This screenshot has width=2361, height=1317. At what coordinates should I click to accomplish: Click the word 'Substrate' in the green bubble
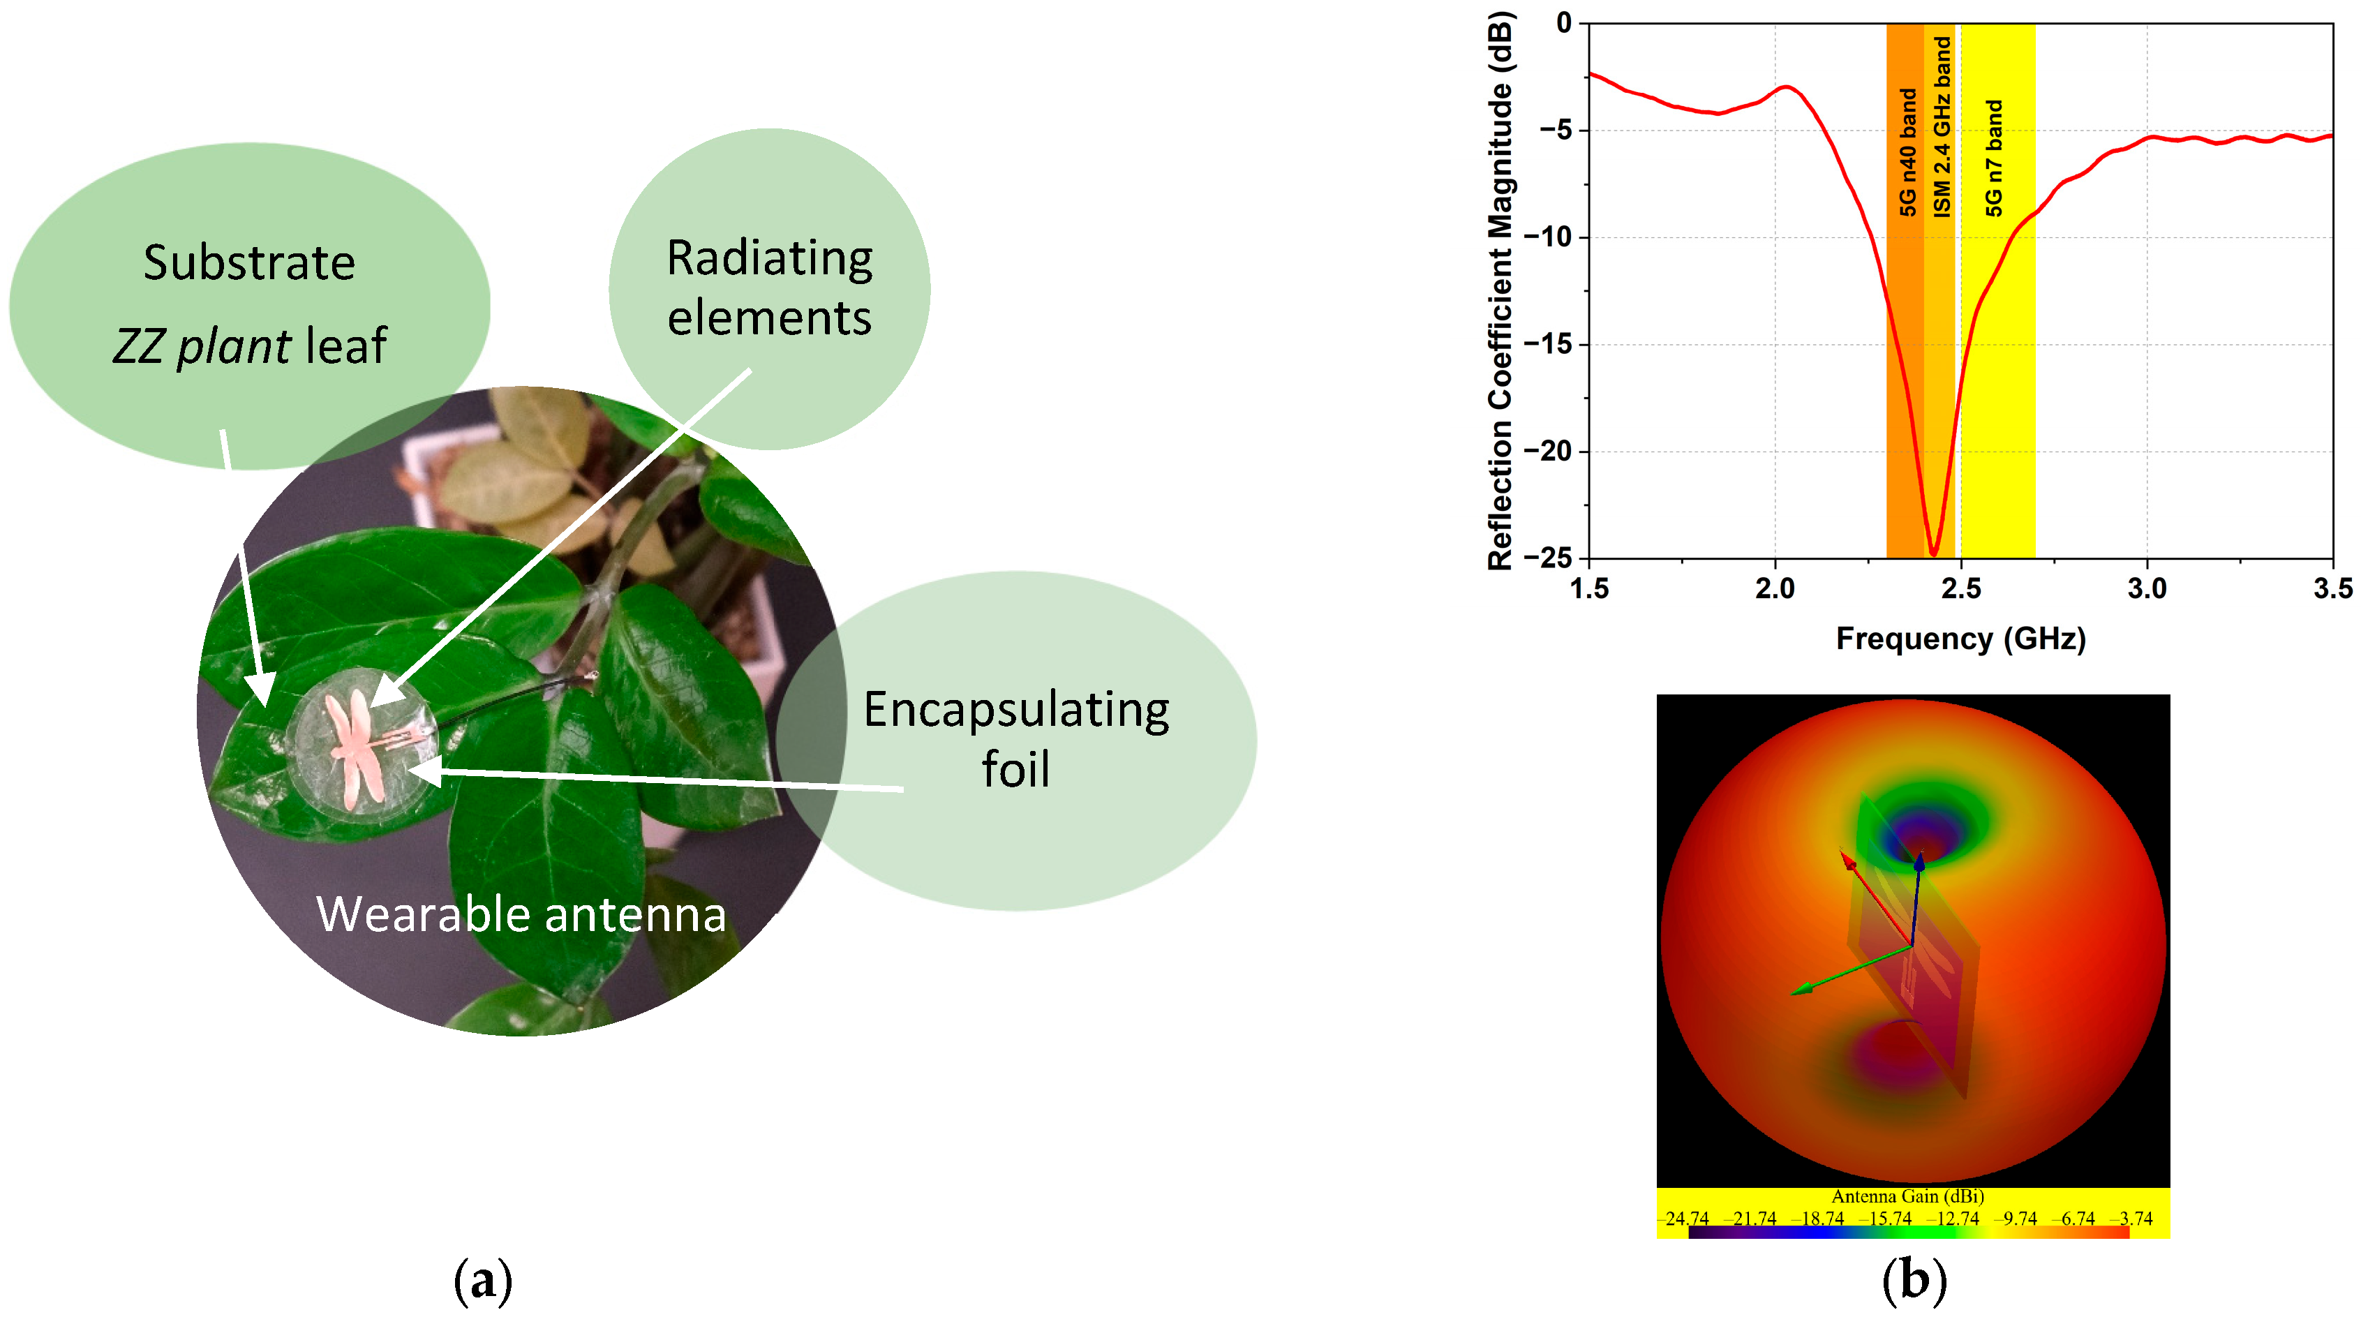pos(249,263)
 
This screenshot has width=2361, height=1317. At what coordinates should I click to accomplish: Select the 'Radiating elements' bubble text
pos(770,288)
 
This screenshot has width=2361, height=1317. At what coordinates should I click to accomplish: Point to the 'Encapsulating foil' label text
pos(1016,738)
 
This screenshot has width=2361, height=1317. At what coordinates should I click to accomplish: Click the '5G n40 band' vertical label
pos(1908,152)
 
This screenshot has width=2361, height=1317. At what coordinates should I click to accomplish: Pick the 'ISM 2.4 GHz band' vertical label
pos(1942,126)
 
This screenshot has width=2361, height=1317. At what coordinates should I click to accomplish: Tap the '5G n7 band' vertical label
pos(1993,158)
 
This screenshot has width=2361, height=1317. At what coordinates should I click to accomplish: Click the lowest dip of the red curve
pos(1934,553)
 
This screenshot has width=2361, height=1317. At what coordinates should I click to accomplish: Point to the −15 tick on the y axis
pos(1548,345)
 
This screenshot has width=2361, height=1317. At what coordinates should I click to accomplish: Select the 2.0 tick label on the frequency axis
pos(1775,588)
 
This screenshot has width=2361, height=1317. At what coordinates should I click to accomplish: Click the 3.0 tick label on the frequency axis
pos(2147,588)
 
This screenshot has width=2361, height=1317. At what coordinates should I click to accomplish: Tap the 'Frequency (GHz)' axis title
pos(1960,638)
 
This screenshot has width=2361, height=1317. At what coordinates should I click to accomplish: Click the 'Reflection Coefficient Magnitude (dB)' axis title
pos(1500,292)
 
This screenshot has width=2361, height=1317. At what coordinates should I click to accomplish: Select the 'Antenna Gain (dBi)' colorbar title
pos(1907,1196)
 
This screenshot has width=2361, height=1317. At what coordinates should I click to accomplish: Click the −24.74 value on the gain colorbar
pos(1683,1219)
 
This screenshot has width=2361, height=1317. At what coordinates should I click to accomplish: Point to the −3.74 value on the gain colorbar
pos(2133,1219)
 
